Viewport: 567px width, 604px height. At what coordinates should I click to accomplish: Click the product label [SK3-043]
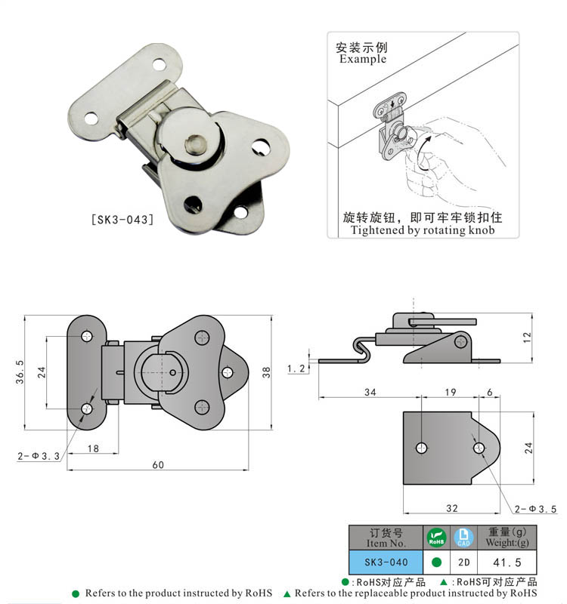click(x=122, y=220)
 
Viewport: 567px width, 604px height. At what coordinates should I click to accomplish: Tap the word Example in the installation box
click(x=363, y=59)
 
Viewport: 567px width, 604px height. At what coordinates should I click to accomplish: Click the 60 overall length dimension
click(x=158, y=464)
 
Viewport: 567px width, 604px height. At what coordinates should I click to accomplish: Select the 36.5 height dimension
click(x=20, y=372)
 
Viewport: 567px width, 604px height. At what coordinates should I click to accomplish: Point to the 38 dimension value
click(x=266, y=372)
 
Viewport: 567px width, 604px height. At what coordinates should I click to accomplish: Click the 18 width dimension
click(x=93, y=448)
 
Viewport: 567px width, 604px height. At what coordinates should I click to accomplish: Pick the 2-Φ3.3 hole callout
click(x=39, y=456)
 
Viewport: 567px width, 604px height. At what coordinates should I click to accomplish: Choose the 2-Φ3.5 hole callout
click(x=535, y=509)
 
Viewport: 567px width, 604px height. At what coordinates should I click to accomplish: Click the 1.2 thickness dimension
click(x=296, y=368)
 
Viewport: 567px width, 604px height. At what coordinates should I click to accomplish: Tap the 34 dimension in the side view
click(x=370, y=392)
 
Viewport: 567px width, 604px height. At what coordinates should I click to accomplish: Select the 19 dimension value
click(x=450, y=392)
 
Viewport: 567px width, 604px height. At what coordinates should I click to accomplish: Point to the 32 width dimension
click(x=452, y=508)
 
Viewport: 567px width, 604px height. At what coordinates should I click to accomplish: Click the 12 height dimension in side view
click(x=527, y=337)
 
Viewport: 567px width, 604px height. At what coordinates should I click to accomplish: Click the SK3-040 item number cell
click(x=386, y=562)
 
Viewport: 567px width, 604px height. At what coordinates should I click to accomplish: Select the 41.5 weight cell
click(x=507, y=562)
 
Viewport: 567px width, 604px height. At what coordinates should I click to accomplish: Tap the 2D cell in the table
click(x=464, y=562)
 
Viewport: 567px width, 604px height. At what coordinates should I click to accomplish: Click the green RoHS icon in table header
click(x=437, y=538)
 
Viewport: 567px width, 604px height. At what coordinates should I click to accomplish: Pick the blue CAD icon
click(x=463, y=538)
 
